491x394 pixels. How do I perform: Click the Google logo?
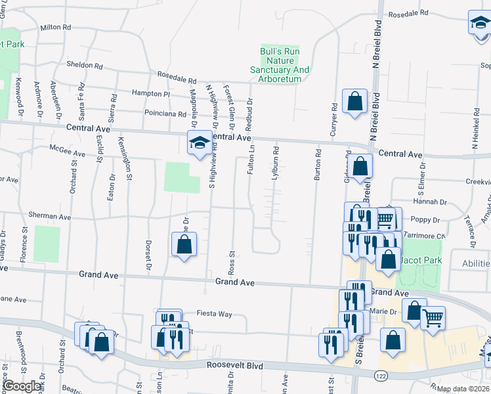pos(21,386)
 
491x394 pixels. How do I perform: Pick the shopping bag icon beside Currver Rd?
pos(354,102)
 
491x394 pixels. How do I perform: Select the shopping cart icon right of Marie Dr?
pos(433,319)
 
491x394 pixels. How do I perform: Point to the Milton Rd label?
pos(55,28)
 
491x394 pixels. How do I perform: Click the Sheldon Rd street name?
pos(85,66)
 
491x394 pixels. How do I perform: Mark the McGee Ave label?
pos(68,153)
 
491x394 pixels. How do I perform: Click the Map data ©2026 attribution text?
pos(463,389)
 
